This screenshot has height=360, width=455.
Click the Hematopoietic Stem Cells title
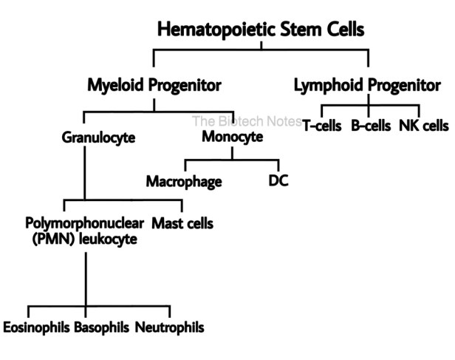click(261, 30)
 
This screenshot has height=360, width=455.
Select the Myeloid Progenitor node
click(154, 86)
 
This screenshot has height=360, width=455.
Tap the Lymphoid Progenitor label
click(367, 86)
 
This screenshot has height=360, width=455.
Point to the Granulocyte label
click(98, 137)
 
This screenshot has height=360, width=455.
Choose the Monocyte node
click(233, 137)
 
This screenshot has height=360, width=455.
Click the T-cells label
click(322, 126)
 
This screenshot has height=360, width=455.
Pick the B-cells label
click(371, 126)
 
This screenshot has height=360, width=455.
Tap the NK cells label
click(424, 126)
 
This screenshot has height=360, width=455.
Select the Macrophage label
click(184, 182)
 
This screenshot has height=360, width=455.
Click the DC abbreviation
click(278, 180)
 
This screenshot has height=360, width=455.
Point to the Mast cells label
click(182, 223)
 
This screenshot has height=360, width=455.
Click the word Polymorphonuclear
click(84, 223)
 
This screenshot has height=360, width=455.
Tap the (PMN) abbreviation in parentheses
click(54, 240)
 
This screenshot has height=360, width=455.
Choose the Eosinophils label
click(36, 327)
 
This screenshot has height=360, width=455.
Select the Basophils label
click(102, 327)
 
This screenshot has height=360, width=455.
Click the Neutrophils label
click(169, 327)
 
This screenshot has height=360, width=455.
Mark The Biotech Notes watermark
click(247, 121)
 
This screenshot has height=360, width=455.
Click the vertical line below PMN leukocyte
click(86, 279)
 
